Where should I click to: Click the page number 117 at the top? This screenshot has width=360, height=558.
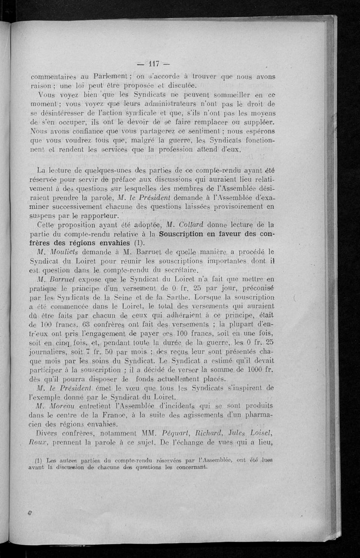[x=150, y=63]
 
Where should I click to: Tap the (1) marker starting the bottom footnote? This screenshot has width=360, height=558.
[x=41, y=460]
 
